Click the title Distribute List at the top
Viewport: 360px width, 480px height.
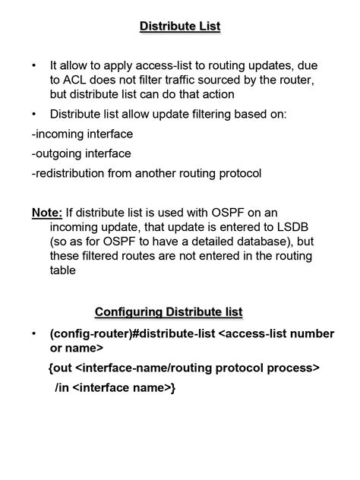tap(180, 27)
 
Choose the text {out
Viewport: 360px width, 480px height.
tap(61, 368)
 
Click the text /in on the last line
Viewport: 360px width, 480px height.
tap(63, 388)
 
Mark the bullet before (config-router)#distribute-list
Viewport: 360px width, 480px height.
tap(34, 334)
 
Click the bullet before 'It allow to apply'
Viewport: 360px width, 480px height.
tap(34, 67)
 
